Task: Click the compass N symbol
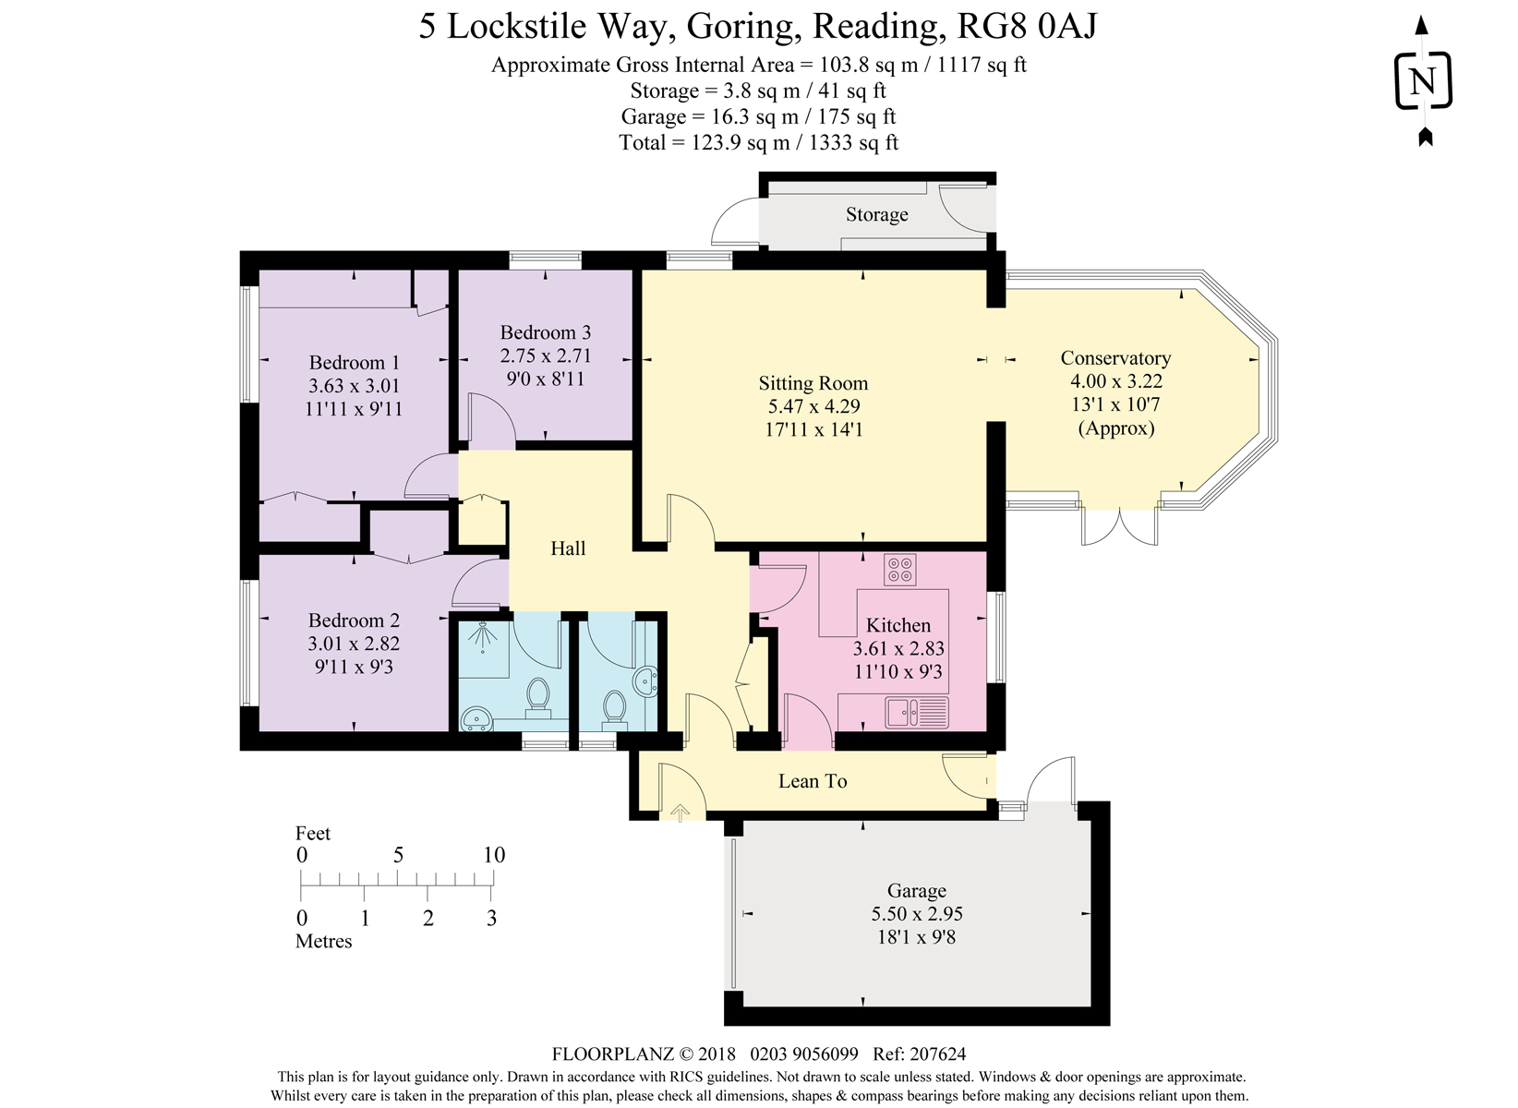pyautogui.click(x=1422, y=81)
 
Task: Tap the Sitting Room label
pyautogui.click(x=813, y=383)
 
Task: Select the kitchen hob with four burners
pyautogui.click(x=899, y=570)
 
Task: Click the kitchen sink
pyautogui.click(x=916, y=713)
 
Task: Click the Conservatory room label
pyautogui.click(x=1114, y=358)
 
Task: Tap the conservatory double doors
pyautogui.click(x=1119, y=526)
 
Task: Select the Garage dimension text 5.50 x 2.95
pyautogui.click(x=916, y=914)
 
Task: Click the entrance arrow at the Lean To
pyautogui.click(x=680, y=813)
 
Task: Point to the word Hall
pyautogui.click(x=568, y=548)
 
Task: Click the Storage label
pyautogui.click(x=876, y=214)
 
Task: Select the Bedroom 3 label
pyautogui.click(x=545, y=332)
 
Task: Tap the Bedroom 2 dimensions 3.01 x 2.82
pyautogui.click(x=354, y=644)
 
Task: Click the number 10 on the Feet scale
pyautogui.click(x=494, y=855)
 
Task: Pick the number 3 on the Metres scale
pyautogui.click(x=491, y=918)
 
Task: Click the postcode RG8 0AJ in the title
pyautogui.click(x=1027, y=26)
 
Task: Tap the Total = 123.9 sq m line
pyautogui.click(x=758, y=142)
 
